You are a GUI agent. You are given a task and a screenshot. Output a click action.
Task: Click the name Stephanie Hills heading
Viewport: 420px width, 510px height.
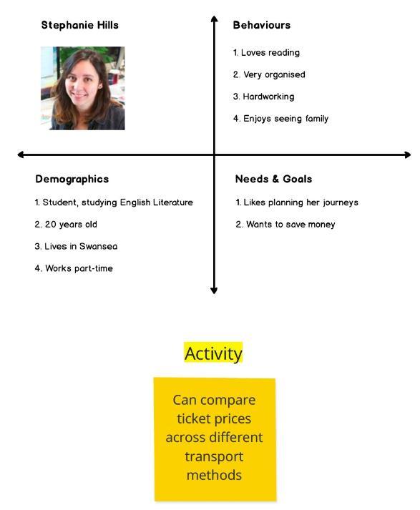(x=79, y=25)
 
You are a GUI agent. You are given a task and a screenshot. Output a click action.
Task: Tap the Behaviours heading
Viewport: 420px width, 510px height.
(x=262, y=25)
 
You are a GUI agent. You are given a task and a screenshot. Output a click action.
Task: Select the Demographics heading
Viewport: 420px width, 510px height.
(x=72, y=180)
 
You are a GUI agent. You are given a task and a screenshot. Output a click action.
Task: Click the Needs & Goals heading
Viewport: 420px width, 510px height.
(x=273, y=179)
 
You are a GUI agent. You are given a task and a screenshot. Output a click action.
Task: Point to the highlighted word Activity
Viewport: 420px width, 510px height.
(x=213, y=353)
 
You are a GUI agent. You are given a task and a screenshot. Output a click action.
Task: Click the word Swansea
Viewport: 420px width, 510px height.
(x=98, y=246)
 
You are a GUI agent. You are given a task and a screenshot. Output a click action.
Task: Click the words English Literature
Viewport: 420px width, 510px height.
(x=157, y=202)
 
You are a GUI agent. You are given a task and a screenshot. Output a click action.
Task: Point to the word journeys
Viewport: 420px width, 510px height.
(x=341, y=202)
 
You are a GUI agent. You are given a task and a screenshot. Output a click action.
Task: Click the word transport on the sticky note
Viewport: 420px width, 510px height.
(x=214, y=456)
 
